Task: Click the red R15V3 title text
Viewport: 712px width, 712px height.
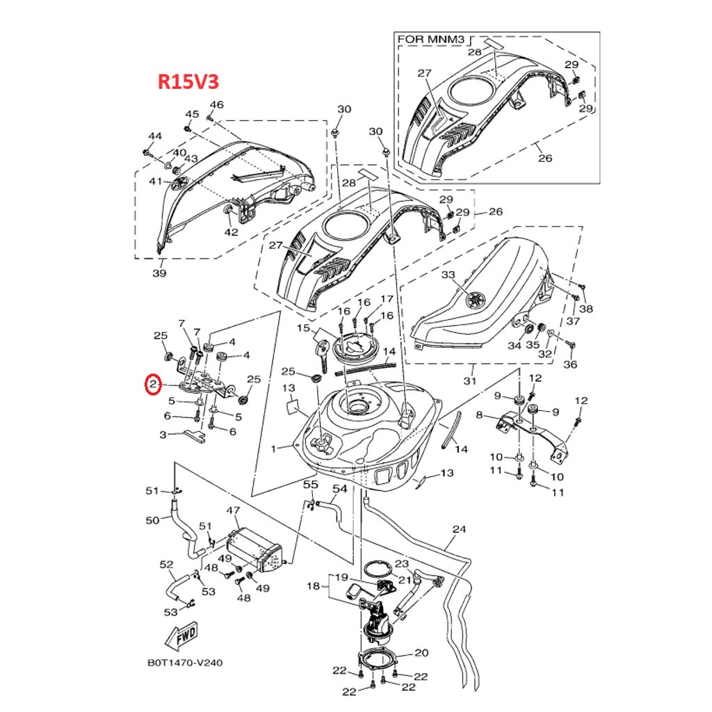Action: click(188, 82)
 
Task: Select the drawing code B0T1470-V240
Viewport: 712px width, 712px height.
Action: click(185, 663)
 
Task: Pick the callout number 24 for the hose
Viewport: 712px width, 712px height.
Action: click(458, 529)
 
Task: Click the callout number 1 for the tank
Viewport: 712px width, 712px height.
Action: click(273, 448)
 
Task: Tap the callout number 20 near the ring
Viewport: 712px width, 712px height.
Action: click(421, 653)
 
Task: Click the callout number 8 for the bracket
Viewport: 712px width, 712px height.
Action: click(478, 415)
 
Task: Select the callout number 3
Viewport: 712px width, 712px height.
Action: click(163, 435)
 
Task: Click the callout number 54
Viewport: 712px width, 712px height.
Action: click(339, 489)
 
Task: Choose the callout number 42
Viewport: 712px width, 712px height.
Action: click(231, 232)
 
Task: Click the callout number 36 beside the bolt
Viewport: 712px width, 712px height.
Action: click(570, 364)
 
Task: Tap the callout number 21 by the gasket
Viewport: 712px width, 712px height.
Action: click(404, 579)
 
